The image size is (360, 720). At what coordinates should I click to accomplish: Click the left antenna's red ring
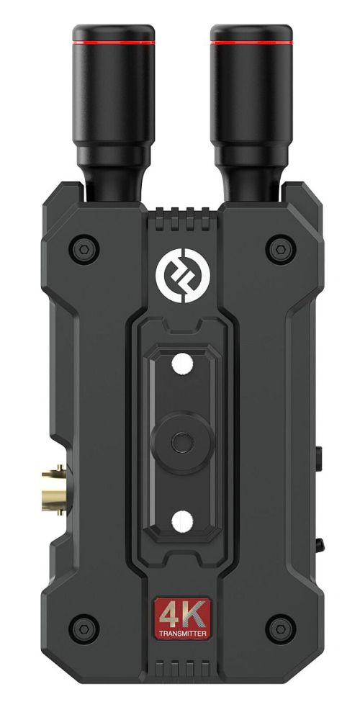114,42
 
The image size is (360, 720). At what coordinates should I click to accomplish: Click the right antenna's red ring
251,42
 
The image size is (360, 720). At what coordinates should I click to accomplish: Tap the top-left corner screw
84,249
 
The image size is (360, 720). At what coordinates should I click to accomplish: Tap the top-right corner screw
281,249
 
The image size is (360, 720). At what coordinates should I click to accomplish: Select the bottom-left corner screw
84,629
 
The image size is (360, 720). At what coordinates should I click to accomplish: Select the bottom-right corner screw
281,629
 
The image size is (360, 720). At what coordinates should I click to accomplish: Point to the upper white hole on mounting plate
182,363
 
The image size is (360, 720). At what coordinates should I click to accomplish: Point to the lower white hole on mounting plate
182,521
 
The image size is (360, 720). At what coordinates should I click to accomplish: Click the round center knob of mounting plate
182,443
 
